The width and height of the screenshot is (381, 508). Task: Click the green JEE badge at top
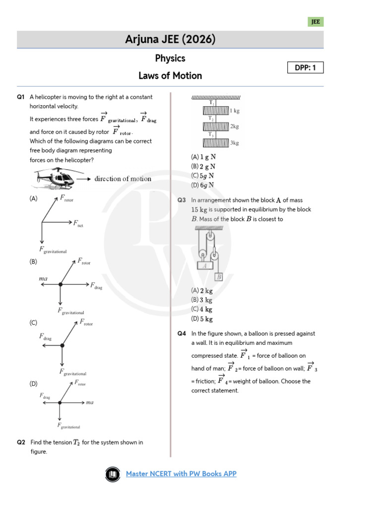point(316,22)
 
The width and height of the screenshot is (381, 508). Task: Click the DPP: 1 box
point(305,67)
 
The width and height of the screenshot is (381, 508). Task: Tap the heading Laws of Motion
point(170,75)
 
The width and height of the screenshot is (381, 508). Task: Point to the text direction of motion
point(123,179)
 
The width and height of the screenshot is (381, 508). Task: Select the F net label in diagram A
point(78,224)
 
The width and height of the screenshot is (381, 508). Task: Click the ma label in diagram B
point(43,279)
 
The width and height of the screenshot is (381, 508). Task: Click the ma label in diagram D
point(89,402)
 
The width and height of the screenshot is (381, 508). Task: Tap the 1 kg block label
point(235,111)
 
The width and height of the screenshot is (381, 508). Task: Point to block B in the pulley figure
point(218,277)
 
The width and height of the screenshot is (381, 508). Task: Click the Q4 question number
point(182,334)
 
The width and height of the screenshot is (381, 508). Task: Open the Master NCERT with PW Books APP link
point(181,474)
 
